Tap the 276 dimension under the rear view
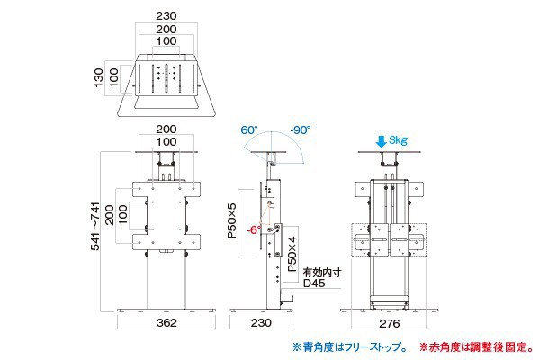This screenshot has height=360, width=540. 388,321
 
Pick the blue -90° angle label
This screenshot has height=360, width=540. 301,130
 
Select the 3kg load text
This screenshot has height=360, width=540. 400,141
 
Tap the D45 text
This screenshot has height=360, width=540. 314,283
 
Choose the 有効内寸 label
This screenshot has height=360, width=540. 319,270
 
